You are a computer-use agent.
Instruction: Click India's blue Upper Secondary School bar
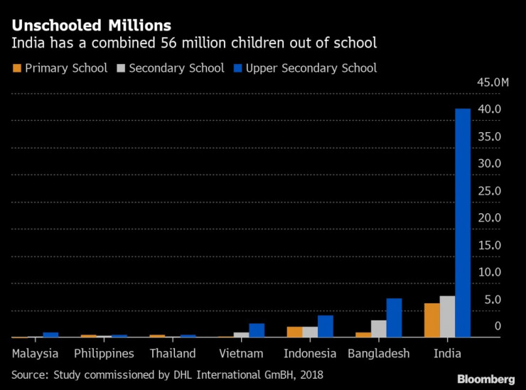463,223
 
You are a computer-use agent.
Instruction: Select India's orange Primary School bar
432,320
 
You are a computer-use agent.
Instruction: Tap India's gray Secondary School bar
447,317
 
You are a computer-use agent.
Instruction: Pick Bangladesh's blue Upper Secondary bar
394,318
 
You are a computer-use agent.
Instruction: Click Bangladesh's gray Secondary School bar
379,329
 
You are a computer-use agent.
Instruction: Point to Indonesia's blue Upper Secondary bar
326,326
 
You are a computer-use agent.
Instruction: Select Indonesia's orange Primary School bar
294,332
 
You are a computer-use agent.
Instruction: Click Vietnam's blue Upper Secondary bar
257,330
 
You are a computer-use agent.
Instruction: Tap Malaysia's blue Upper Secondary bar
50,335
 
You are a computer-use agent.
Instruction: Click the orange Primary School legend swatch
17,68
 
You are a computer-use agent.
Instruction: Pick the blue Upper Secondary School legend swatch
238,68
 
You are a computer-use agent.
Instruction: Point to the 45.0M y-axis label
492,83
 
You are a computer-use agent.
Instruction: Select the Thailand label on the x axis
173,353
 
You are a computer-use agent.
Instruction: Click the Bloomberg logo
485,379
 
